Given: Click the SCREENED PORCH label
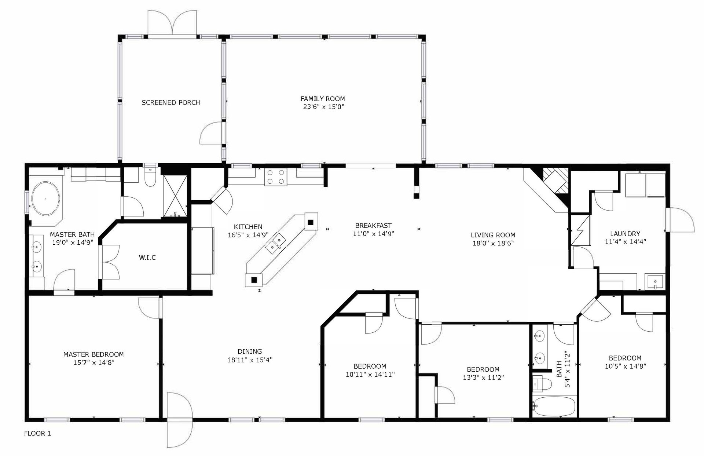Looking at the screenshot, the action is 171,102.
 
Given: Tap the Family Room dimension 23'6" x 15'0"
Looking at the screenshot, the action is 323,107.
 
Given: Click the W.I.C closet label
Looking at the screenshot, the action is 147,258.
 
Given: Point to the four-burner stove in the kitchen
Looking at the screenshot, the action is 276,176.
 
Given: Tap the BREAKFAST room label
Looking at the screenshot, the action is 373,225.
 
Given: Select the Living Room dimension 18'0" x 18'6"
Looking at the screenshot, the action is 493,243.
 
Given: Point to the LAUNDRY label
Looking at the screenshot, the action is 625,233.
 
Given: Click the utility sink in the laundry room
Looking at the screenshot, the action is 654,282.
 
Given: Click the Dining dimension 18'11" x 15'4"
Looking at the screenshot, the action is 250,360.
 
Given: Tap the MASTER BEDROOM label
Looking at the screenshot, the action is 93,354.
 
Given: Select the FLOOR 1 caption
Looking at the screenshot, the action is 37,434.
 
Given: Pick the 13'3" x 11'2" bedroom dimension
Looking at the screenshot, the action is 483,377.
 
